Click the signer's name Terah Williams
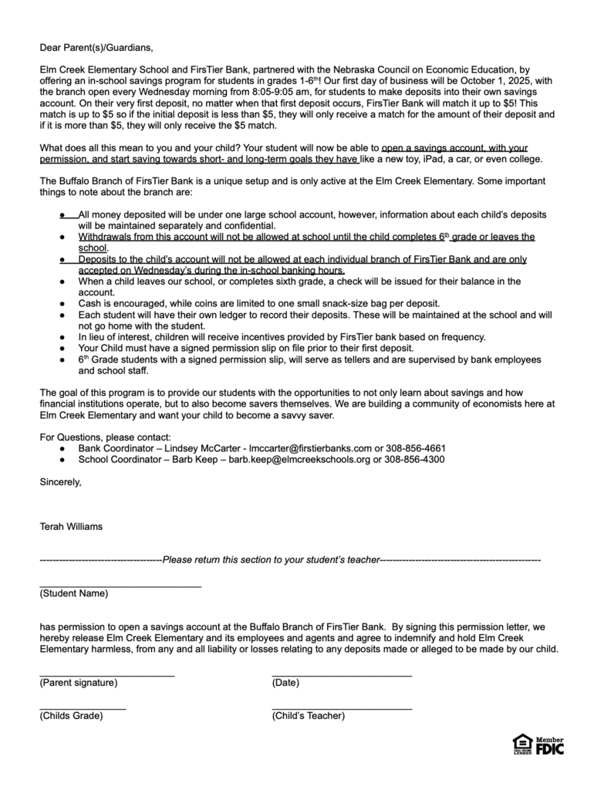(x=71, y=527)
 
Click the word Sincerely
(x=59, y=482)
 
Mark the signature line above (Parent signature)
(x=106, y=676)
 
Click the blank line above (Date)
(x=342, y=676)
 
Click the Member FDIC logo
(x=550, y=745)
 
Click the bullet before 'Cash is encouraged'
(x=62, y=304)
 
